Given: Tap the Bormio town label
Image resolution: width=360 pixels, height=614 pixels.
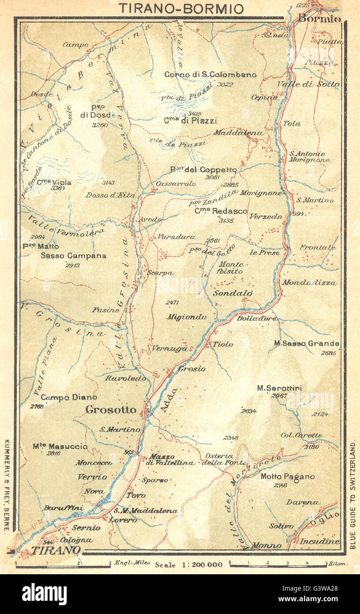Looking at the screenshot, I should [x=319, y=19].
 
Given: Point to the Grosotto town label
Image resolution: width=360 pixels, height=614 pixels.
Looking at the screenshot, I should [x=111, y=410].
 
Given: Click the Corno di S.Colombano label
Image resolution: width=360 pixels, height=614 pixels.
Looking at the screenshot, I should [x=210, y=75].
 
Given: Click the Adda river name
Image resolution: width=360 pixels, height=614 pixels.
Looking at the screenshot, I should [x=169, y=400].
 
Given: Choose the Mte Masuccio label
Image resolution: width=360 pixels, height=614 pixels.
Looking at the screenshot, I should [x=60, y=447].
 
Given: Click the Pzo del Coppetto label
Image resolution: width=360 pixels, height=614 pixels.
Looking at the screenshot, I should [x=204, y=170].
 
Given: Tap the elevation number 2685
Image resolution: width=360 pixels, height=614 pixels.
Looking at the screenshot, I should [x=329, y=352].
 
